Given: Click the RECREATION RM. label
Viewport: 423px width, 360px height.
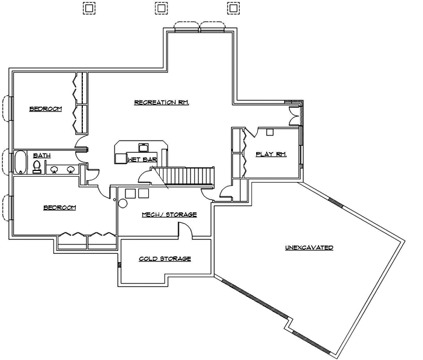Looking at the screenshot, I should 162,102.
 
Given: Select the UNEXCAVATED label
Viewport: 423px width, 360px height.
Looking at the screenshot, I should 309,247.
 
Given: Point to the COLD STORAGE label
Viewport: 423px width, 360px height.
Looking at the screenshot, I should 165,258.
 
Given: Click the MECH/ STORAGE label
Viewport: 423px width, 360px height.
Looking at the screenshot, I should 169,215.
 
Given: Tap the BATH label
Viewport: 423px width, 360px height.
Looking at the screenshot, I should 41,155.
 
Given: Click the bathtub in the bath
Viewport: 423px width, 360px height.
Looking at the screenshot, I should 20,162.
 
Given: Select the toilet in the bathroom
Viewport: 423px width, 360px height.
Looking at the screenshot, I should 37,168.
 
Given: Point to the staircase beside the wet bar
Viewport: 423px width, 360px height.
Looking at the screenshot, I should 184,176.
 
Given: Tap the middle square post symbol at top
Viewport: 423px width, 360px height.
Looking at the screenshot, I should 160,8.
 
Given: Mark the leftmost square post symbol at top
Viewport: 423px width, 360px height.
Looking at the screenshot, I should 89,8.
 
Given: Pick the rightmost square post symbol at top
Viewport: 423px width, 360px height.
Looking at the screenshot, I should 232,8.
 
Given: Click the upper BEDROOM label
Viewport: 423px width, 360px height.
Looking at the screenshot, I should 45,109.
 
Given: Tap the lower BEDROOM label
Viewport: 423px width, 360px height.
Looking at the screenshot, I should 60,208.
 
